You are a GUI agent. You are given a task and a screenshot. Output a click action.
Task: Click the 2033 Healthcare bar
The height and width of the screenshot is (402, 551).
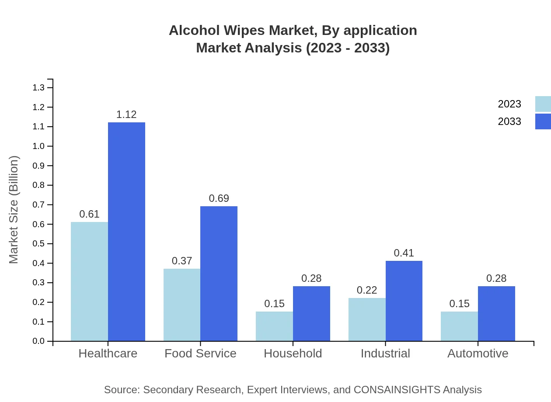[x=126, y=232]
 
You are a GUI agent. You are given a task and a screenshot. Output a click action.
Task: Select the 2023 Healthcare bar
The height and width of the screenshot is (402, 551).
[x=89, y=281]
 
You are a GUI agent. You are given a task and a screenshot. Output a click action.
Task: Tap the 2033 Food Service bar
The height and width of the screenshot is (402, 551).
[x=219, y=274]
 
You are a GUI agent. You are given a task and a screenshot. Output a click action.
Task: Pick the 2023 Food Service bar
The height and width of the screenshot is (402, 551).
[x=182, y=305]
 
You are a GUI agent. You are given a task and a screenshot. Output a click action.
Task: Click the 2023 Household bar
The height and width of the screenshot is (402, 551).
[x=274, y=326]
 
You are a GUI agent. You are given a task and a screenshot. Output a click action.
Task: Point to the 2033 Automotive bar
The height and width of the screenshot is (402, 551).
[x=496, y=313]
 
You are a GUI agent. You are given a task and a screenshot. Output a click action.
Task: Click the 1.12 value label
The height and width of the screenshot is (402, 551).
[x=126, y=114]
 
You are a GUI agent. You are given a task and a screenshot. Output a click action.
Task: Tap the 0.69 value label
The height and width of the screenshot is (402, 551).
[x=219, y=198]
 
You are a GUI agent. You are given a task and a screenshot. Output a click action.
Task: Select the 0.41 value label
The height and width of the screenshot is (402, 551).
[x=404, y=253]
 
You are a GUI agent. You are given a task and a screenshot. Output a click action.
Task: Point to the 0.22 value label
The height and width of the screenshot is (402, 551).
[x=367, y=290]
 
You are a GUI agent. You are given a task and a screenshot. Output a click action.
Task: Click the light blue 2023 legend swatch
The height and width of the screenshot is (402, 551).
[x=543, y=104]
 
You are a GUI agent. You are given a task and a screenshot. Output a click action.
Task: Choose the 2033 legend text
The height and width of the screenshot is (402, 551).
[x=509, y=121]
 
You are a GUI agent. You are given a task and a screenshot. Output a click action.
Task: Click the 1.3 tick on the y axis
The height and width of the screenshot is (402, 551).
[x=38, y=88]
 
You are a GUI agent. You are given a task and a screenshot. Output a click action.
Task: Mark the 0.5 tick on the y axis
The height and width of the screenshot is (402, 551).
[x=38, y=244]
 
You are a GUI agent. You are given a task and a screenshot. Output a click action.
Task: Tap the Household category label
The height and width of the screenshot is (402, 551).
[x=293, y=353]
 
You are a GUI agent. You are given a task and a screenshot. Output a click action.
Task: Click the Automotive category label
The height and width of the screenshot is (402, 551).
[x=478, y=353]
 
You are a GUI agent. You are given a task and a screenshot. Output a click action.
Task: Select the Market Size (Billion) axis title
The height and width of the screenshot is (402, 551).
[x=14, y=210]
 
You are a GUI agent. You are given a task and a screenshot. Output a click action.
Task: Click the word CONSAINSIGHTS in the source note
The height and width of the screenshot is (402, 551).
[x=396, y=390]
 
